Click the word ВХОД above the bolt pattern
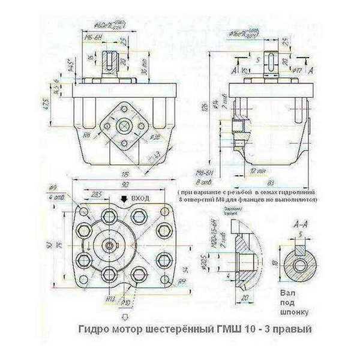(140, 197)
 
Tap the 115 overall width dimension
(126, 174)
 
